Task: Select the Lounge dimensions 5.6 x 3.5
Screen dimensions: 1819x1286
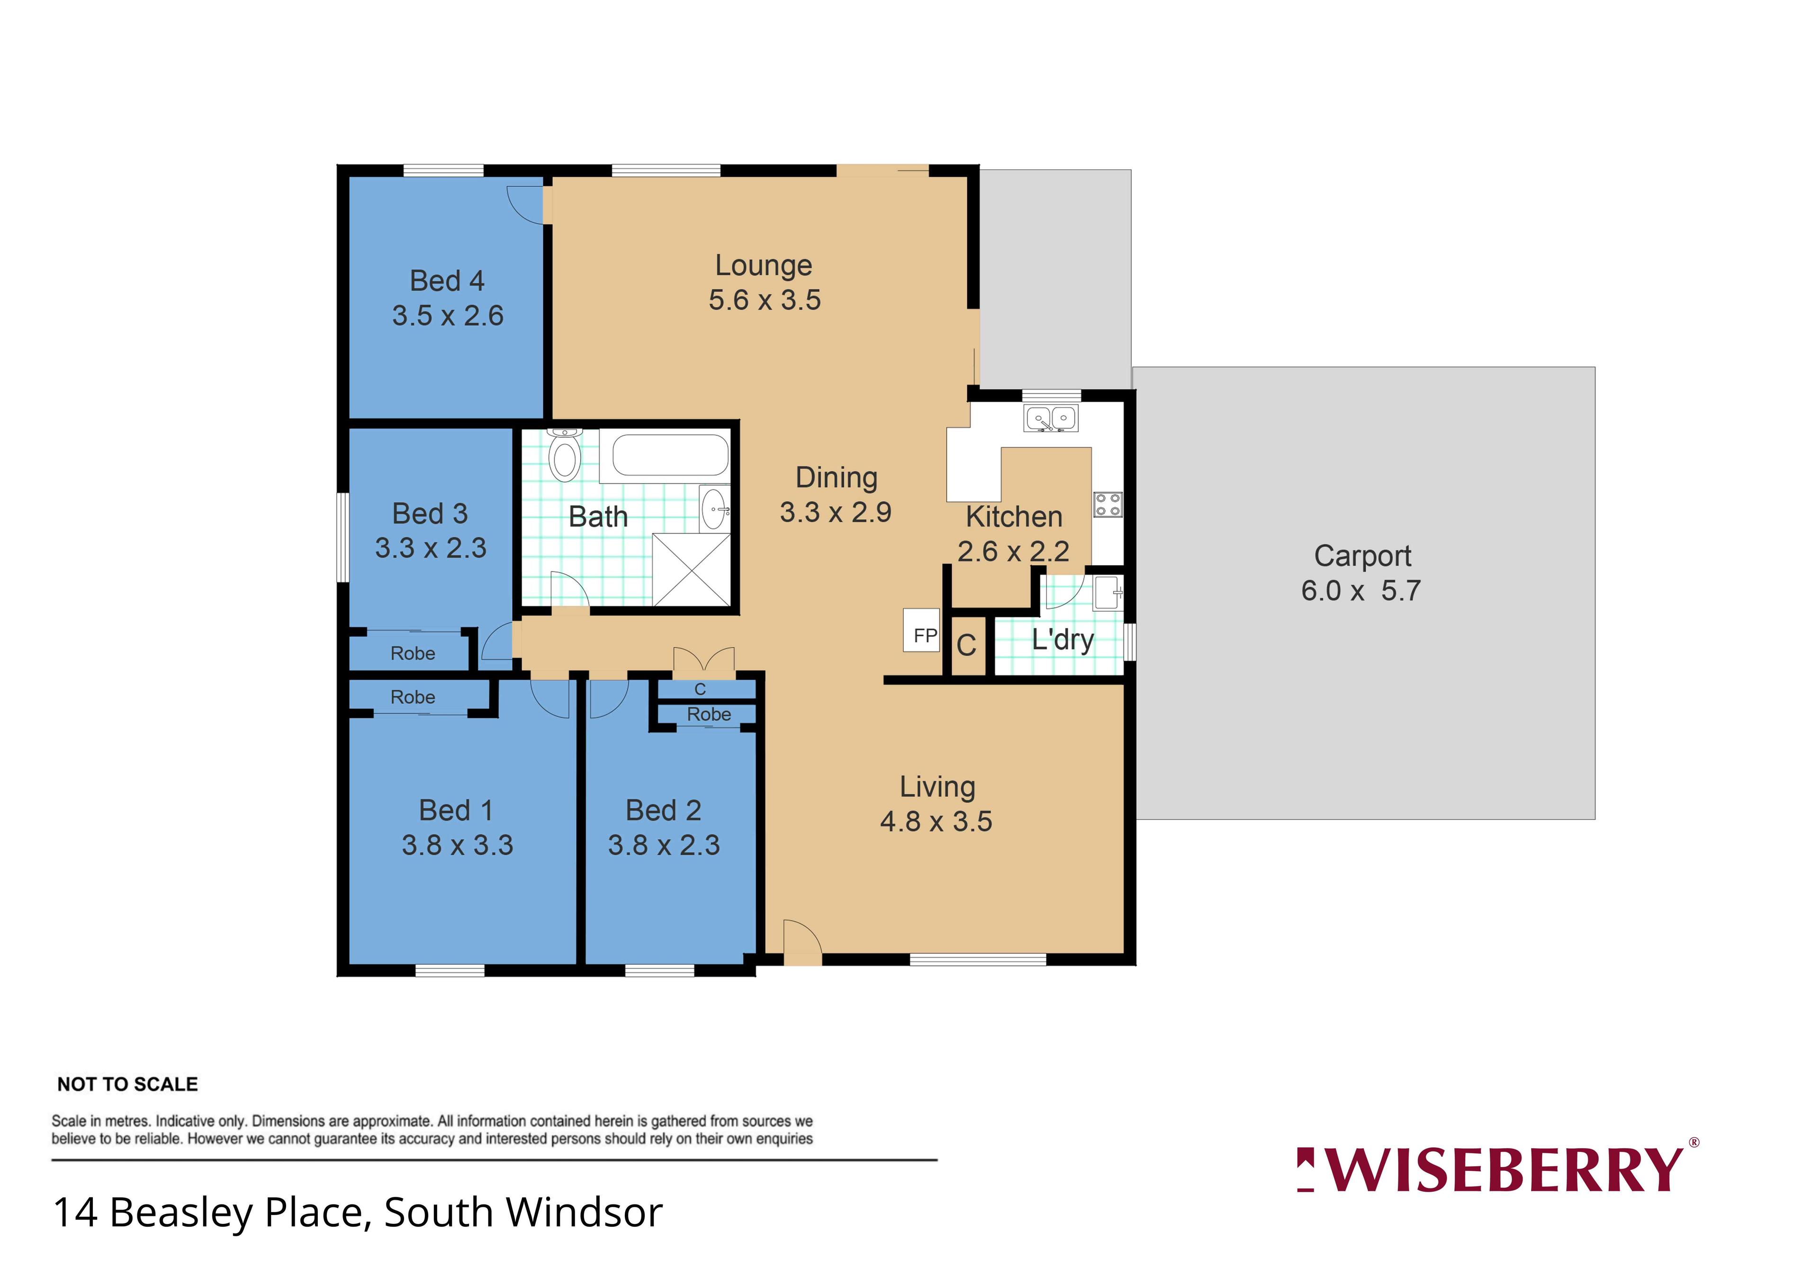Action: coord(765,300)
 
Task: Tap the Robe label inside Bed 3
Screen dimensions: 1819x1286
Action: coord(413,654)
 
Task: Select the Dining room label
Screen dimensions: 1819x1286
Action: coord(837,478)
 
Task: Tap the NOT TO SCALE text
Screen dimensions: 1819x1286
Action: coord(127,1084)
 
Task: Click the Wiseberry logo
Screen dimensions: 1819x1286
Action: coord(1497,1169)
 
